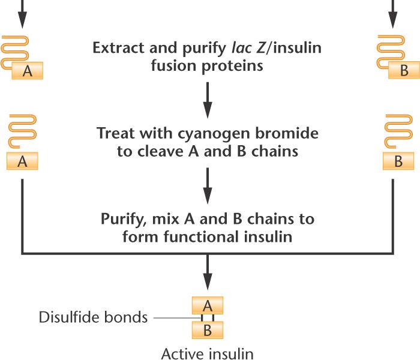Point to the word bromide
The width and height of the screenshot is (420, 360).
point(287,133)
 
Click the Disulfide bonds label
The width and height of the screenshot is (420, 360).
point(93,317)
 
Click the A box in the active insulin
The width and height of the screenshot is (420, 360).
point(208,305)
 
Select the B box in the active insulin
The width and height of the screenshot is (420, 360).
point(208,329)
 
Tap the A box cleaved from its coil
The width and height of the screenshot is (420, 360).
point(22,161)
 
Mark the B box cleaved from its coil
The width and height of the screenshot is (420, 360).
point(397,161)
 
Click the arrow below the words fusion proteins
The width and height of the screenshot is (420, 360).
point(208,99)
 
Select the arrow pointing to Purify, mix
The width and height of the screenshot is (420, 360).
point(208,185)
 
